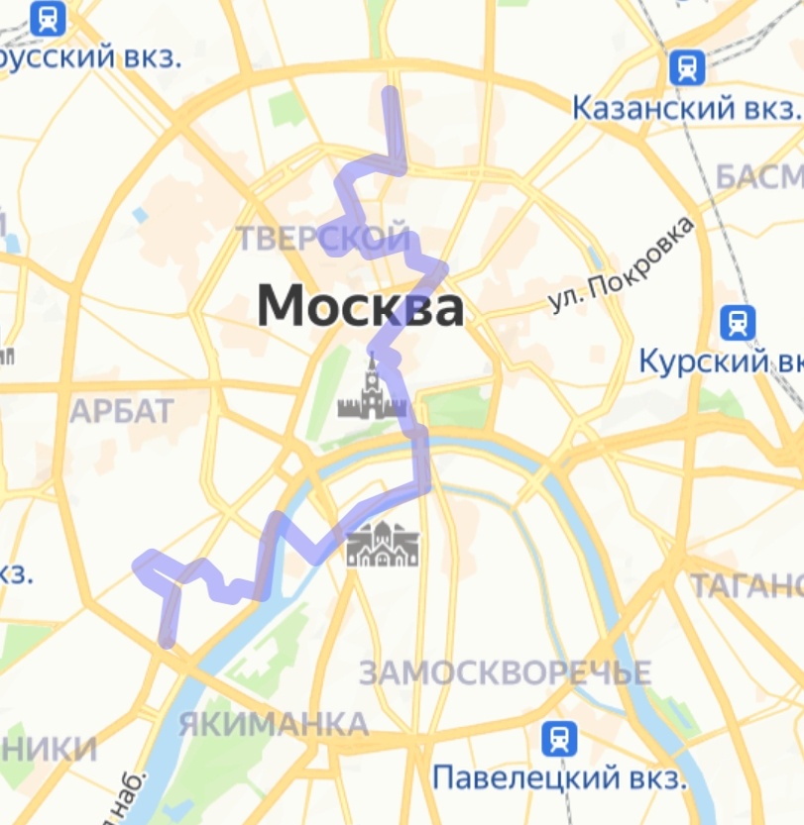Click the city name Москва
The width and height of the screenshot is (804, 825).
[360, 307]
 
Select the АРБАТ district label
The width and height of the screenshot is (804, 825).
[122, 410]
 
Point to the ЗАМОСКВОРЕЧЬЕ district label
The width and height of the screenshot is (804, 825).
[505, 673]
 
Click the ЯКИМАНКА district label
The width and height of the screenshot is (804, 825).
[274, 724]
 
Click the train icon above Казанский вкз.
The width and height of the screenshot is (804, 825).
[686, 67]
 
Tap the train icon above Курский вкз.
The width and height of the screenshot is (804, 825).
[738, 322]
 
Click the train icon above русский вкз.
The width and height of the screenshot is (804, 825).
[48, 18]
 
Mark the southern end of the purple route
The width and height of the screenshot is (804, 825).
[168, 642]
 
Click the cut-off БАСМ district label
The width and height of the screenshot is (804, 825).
[759, 177]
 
